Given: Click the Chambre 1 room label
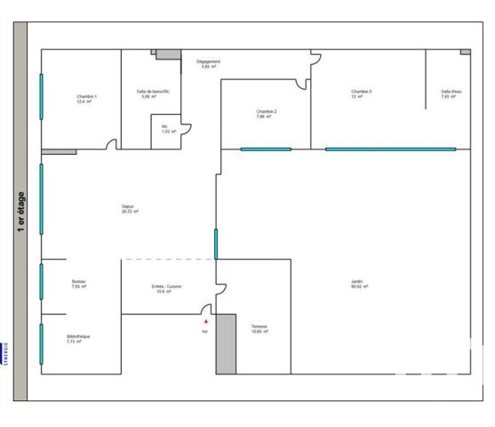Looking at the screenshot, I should (86, 96).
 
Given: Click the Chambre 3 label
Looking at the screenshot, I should (361, 91).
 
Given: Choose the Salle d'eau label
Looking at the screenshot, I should (451, 91).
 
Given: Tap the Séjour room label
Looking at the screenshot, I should (130, 207).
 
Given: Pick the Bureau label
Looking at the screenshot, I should (79, 283).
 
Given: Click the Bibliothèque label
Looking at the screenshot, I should (78, 337).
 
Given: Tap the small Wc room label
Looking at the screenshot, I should (167, 128).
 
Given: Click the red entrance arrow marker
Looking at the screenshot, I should (205, 321).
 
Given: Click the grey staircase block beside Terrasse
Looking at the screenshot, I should (226, 343).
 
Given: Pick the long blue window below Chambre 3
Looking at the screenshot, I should (390, 149).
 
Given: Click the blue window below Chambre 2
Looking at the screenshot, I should (265, 149).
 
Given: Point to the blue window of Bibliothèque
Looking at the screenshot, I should (41, 342).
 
